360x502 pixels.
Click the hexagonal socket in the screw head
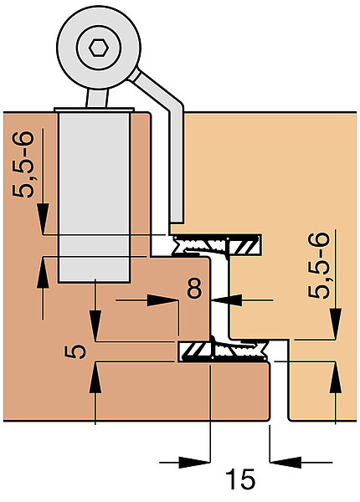pos(99,48)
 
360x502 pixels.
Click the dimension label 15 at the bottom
pos(240,479)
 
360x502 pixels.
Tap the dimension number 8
pos(195,288)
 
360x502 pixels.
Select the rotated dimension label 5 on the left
pos(75,351)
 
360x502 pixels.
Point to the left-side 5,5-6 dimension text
pos(23,164)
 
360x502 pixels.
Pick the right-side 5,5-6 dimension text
pos(319,265)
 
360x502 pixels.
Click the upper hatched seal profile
pos(217,245)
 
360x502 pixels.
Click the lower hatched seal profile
pos(224,351)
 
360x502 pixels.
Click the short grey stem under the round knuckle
pos(97,98)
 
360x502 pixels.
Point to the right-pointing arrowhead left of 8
pos(162,300)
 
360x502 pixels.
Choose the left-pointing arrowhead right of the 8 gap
pos(227,300)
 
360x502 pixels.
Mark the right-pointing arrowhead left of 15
pos(194,463)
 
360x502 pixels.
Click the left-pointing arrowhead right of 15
pos(285,463)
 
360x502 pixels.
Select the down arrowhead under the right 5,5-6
pos(336,324)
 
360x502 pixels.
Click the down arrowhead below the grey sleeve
pos(95,326)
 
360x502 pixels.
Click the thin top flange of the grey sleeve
pos(94,110)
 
